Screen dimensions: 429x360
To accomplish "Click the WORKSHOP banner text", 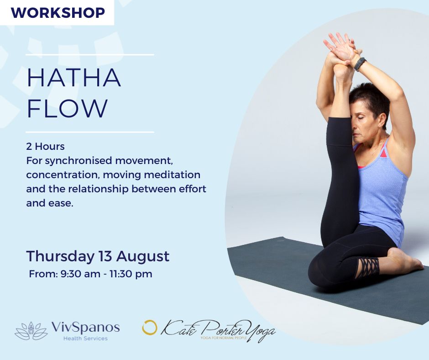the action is click(58, 13).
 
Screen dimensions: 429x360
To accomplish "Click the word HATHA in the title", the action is click(74, 78).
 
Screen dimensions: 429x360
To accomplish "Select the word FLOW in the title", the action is click(67, 108).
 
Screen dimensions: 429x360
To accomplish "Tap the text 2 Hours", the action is click(46, 146).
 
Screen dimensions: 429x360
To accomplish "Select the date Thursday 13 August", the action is click(98, 256).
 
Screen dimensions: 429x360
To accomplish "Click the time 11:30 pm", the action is click(131, 274).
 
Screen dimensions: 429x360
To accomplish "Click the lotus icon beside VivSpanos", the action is click(31, 331).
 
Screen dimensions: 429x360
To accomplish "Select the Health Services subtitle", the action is click(85, 339).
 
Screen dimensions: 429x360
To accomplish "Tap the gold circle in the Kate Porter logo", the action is click(150, 328).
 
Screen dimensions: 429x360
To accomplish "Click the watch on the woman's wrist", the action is click(360, 64).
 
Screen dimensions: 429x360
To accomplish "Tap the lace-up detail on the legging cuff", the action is click(368, 267).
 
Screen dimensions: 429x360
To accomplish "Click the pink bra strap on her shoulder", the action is click(384, 152).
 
